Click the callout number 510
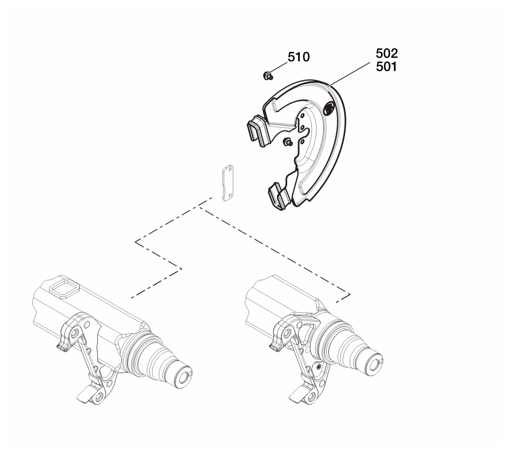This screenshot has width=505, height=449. [x=298, y=57]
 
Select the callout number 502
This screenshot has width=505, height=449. [x=387, y=53]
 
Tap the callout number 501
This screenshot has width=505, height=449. [x=386, y=67]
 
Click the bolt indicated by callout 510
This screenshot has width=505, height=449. [x=268, y=75]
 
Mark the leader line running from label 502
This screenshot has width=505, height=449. [x=349, y=74]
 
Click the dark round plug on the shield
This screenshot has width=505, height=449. [x=329, y=108]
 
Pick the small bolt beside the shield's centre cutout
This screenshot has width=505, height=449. [x=288, y=142]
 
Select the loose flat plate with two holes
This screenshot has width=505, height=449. [x=228, y=183]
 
